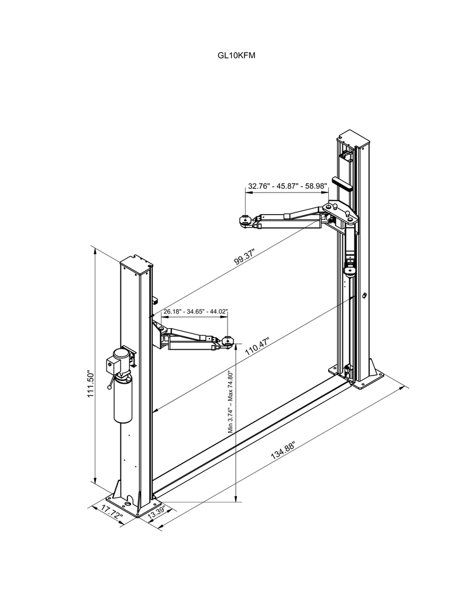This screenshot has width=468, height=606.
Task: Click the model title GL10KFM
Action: (x=236, y=56)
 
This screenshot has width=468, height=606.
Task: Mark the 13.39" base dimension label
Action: (x=157, y=513)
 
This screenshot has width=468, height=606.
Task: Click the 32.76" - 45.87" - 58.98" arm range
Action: (x=287, y=186)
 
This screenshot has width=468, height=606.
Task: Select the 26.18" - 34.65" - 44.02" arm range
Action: (x=195, y=312)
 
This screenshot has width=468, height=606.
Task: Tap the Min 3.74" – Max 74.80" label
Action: (x=230, y=402)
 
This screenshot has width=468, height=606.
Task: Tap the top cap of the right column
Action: (x=354, y=141)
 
